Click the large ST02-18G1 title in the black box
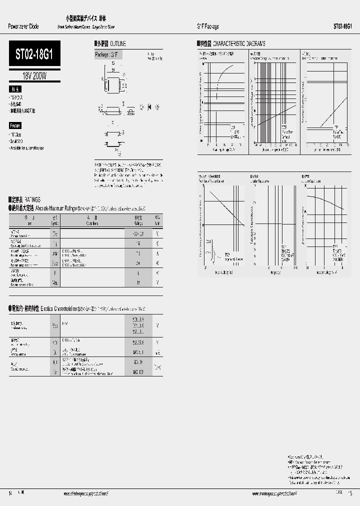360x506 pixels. (34, 53)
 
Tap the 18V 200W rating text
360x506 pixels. (34, 76)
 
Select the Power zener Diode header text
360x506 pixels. (23, 26)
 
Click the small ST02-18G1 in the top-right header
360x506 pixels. (342, 26)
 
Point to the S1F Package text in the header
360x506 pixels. (207, 26)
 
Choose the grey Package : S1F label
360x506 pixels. (108, 54)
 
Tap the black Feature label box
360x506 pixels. (15, 126)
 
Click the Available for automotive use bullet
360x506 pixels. (27, 148)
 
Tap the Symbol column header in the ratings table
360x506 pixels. (55, 220)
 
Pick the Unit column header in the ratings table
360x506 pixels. (157, 220)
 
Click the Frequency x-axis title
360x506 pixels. (275, 272)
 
